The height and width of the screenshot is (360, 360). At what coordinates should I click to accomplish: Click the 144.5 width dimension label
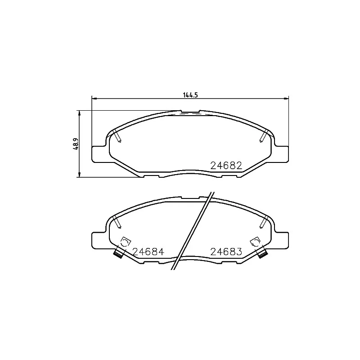pyautogui.click(x=190, y=95)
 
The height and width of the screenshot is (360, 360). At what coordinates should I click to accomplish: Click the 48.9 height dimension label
pyautogui.click(x=76, y=144)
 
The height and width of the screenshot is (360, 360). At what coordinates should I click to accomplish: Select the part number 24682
pyautogui.click(x=226, y=166)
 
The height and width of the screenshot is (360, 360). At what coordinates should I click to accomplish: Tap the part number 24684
pyautogui.click(x=148, y=252)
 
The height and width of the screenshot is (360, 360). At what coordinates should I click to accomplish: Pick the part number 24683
pyautogui.click(x=226, y=252)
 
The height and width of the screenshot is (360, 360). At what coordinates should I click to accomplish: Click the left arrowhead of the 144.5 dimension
pyautogui.click(x=94, y=99)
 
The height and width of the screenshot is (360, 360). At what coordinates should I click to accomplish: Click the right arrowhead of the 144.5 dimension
pyautogui.click(x=286, y=99)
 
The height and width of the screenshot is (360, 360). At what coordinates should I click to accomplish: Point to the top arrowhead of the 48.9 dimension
pyautogui.click(x=80, y=113)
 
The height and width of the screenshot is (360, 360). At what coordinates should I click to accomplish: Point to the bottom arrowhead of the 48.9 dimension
pyautogui.click(x=80, y=175)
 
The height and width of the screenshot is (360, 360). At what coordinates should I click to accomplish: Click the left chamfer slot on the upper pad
pyautogui.click(x=117, y=136)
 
